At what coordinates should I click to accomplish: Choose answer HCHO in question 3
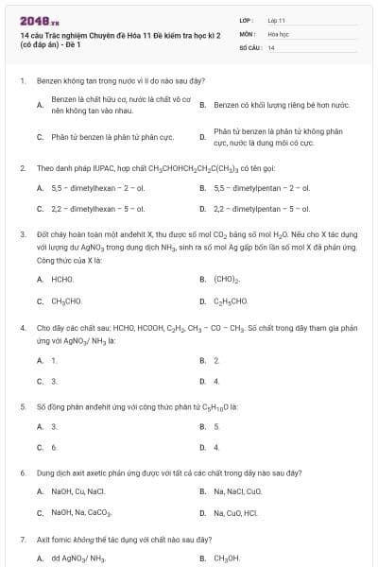(61, 279)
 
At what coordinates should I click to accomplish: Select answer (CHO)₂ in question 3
(227, 280)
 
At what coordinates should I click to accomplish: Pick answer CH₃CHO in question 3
(64, 301)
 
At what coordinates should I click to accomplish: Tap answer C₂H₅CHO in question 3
(231, 301)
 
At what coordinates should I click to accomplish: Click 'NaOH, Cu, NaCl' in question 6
(78, 490)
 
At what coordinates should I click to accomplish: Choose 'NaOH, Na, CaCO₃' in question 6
(82, 513)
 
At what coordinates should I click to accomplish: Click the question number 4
(22, 327)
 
